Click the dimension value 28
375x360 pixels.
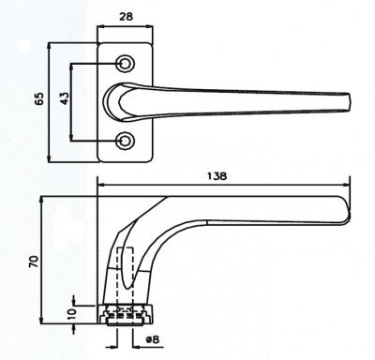(x=127, y=17)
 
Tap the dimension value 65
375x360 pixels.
(x=39, y=98)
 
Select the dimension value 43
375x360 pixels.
(x=65, y=98)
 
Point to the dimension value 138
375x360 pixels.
(x=217, y=176)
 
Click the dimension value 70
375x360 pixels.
(x=34, y=262)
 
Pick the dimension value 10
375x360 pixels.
(x=71, y=313)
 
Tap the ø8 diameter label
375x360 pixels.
(x=153, y=339)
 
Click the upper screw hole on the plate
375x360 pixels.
(x=125, y=64)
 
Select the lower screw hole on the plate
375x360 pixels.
(x=125, y=141)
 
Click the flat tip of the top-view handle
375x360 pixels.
(x=349, y=102)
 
